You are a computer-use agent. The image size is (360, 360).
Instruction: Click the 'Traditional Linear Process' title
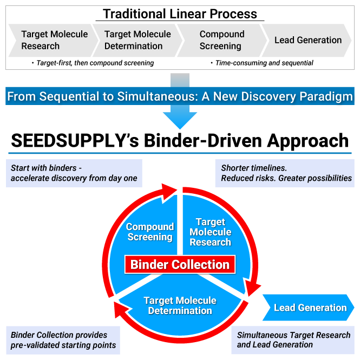180,14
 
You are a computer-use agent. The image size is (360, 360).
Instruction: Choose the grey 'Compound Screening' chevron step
222,40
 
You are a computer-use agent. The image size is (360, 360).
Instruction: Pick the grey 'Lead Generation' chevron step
307,40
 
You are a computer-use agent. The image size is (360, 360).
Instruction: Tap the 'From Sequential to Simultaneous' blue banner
180,97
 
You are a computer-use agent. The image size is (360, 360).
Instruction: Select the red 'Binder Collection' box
180,265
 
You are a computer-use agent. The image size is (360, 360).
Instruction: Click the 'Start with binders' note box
74,173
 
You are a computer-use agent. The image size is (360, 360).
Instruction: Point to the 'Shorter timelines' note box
285,173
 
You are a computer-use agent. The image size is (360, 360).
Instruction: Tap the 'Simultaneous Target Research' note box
293,340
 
